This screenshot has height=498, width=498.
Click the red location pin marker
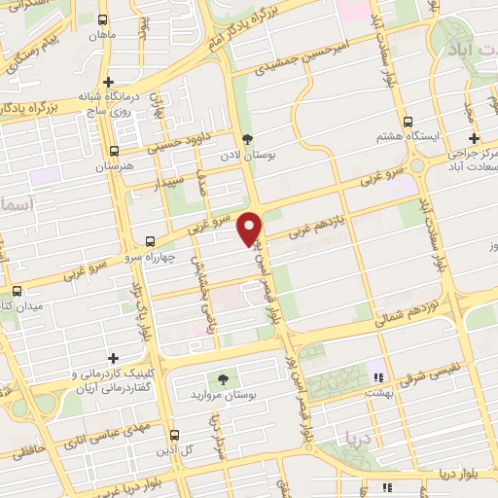coord(250,228)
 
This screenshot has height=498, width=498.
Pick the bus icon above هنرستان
coord(115,151)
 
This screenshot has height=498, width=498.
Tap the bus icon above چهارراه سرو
coord(150,240)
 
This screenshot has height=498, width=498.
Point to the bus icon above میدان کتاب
coord(17,291)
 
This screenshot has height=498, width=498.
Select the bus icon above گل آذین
coord(174,435)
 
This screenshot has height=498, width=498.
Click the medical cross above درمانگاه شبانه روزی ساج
coord(109,83)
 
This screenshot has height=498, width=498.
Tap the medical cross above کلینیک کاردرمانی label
coord(114,358)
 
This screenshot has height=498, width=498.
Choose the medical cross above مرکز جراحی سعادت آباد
coord(474,138)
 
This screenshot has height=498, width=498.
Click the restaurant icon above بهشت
coord(377,376)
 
